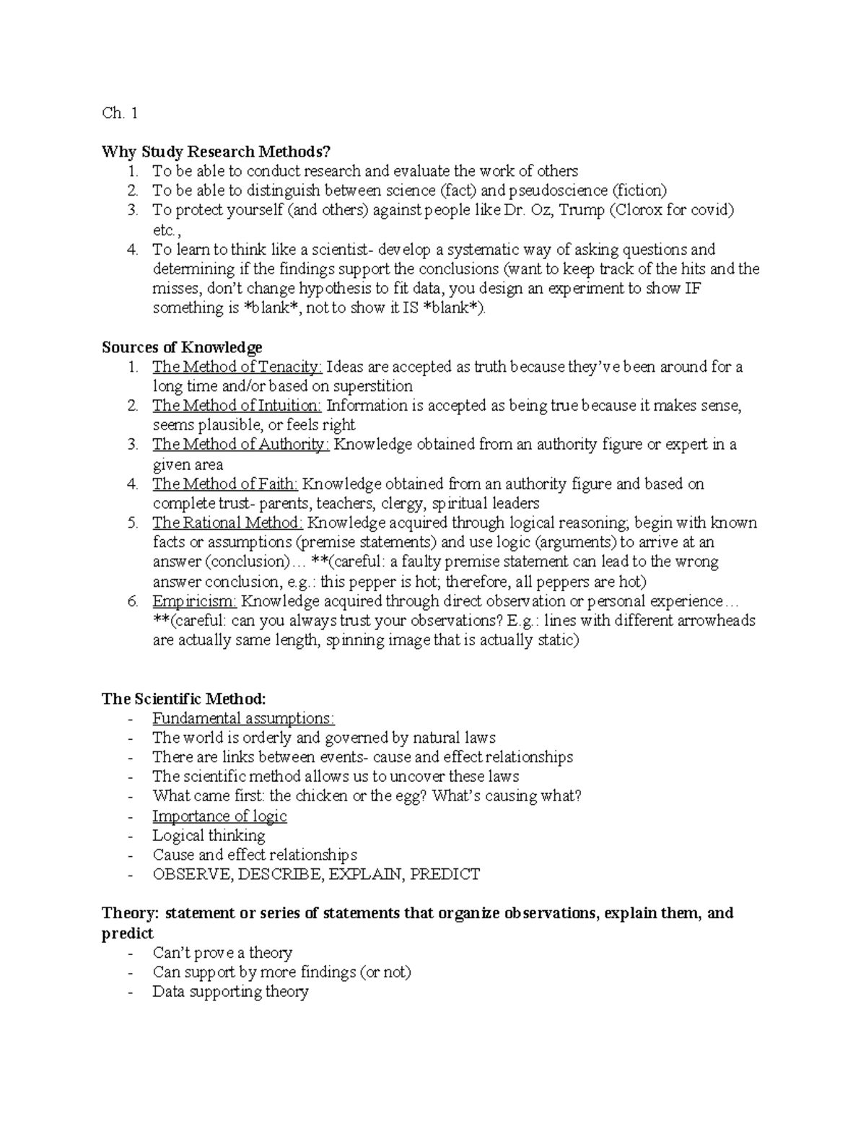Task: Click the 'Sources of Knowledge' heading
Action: [x=182, y=347]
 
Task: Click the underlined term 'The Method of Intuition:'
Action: [x=237, y=406]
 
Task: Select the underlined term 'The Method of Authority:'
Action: [x=240, y=445]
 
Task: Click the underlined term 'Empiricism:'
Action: [x=194, y=601]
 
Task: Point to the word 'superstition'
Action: [x=372, y=386]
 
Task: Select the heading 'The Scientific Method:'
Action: [x=184, y=699]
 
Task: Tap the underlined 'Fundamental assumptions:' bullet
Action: [x=243, y=718]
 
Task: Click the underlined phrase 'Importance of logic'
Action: [x=219, y=816]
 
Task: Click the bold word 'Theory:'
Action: [x=130, y=913]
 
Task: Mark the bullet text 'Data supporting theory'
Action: [x=230, y=992]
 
